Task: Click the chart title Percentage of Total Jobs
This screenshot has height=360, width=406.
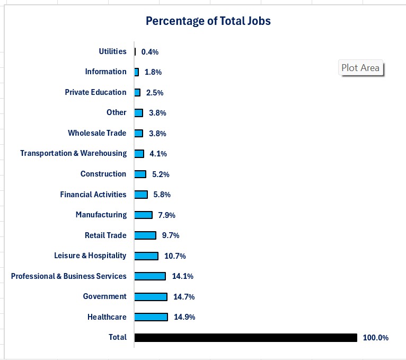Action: (208, 21)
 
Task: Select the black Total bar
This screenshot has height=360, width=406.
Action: (245, 338)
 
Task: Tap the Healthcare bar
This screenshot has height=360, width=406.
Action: (151, 317)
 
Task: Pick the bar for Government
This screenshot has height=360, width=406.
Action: (151, 297)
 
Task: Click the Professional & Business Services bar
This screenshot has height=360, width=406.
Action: (150, 276)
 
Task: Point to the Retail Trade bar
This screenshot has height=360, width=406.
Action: (145, 235)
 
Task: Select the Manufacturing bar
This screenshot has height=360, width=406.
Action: (143, 215)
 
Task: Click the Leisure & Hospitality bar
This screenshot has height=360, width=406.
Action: (146, 256)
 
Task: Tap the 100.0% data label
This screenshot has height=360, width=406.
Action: (376, 338)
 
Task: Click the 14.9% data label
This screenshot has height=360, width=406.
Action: (184, 317)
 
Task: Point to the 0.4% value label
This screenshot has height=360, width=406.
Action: (150, 52)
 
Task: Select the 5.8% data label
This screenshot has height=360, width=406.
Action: (162, 195)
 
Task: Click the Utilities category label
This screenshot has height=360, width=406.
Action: (112, 51)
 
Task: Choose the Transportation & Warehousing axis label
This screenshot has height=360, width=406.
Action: (73, 153)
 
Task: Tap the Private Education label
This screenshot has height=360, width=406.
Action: (95, 92)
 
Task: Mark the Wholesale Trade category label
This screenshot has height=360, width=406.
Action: (97, 133)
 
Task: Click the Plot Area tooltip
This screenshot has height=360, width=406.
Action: (360, 68)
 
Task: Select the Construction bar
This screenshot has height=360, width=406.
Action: (140, 174)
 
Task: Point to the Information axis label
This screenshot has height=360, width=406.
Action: (105, 72)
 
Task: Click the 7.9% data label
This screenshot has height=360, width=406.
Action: (166, 215)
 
